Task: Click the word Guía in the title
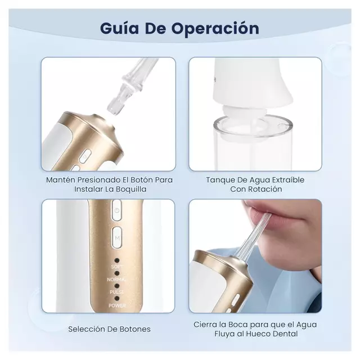pyautogui.click(x=120, y=28)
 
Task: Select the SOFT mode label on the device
pyautogui.click(x=117, y=266)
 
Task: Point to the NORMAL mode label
pyautogui.click(x=117, y=279)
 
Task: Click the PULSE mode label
pyautogui.click(x=117, y=292)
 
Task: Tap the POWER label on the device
pyautogui.click(x=117, y=305)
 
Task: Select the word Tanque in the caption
pyautogui.click(x=220, y=179)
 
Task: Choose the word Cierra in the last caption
pyautogui.click(x=206, y=325)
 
